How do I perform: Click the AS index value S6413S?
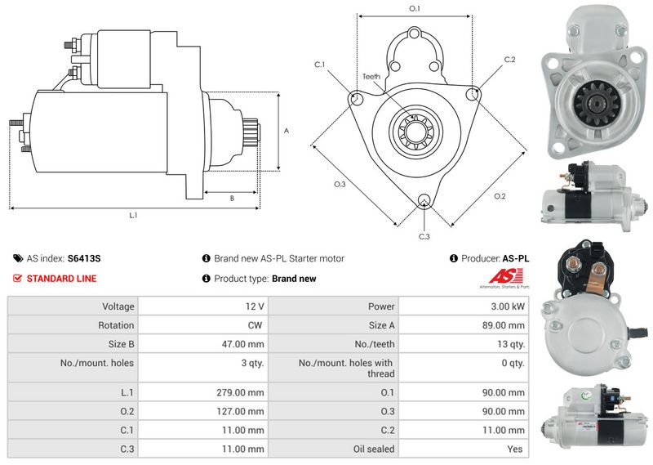[84, 258]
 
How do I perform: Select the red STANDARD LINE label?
[61, 279]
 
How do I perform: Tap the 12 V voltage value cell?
[255, 306]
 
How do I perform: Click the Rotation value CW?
[255, 325]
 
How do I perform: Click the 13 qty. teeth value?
[510, 344]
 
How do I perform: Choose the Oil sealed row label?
[372, 449]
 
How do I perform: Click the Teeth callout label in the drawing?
[371, 77]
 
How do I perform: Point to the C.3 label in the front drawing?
[424, 236]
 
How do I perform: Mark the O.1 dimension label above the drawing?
[414, 9]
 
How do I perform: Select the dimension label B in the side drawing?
[231, 198]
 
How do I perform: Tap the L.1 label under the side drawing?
[133, 215]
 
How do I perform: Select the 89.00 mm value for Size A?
[504, 325]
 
